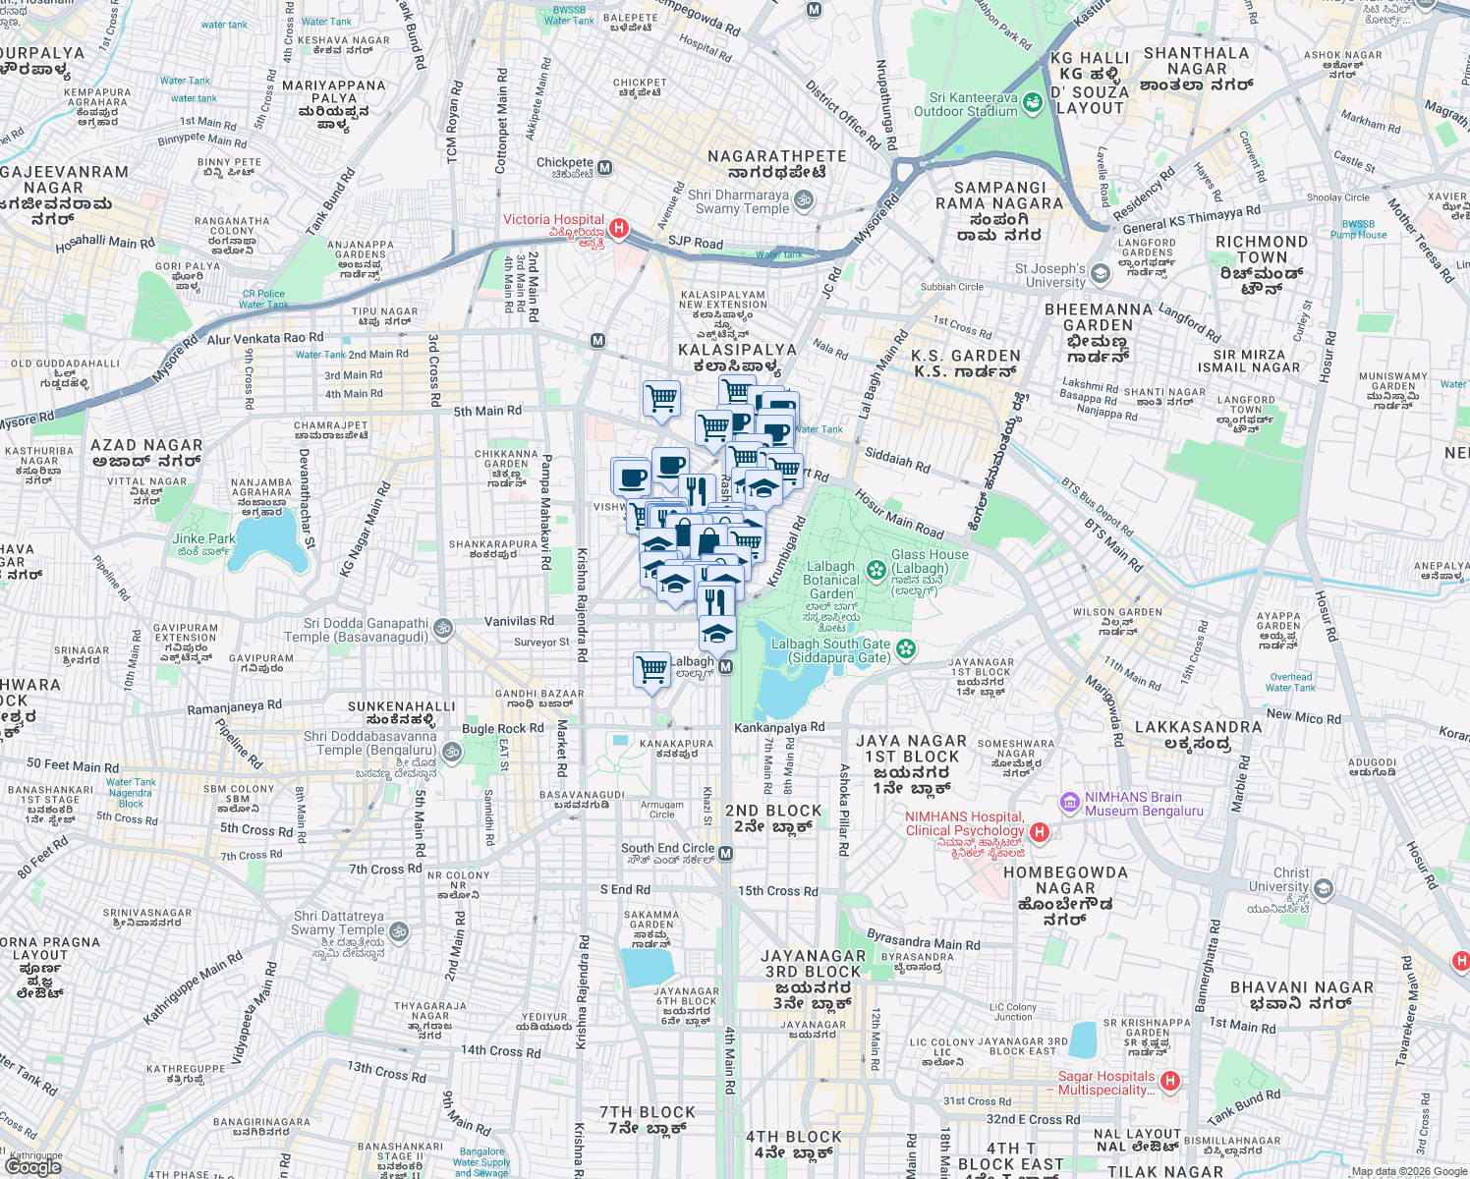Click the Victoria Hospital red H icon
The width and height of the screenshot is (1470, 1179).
coord(618,228)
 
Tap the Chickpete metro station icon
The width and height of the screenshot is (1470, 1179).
coord(605,168)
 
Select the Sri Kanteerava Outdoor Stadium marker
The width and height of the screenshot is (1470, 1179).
coord(1032,102)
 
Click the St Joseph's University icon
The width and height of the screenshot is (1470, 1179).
coord(1101,273)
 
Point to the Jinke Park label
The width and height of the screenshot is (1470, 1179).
coord(203,538)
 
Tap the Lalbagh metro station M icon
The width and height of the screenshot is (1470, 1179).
coord(726,667)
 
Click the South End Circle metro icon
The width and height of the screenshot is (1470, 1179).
coord(726,854)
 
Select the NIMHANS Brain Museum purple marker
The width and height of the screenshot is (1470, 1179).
coord(1069,804)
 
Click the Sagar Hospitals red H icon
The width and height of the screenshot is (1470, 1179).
coord(1169,1082)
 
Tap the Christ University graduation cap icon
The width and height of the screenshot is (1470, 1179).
coord(1324,889)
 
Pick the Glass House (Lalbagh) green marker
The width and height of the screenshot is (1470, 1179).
coord(876,570)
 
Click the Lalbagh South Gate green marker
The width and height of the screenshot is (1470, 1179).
coord(906,648)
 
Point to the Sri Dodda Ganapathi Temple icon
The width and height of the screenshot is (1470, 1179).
coord(443,628)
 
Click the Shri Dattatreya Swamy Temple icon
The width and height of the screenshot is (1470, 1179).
coord(399,930)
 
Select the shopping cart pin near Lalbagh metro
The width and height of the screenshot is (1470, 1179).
coord(652,670)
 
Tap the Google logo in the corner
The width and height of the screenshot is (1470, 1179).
coord(32,1166)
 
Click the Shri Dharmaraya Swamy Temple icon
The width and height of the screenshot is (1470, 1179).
coord(804,201)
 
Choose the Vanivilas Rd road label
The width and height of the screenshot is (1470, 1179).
coord(519,621)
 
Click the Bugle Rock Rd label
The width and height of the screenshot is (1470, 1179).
coord(502,729)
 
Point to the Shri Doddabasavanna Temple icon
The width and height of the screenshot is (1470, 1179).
coord(452,753)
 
